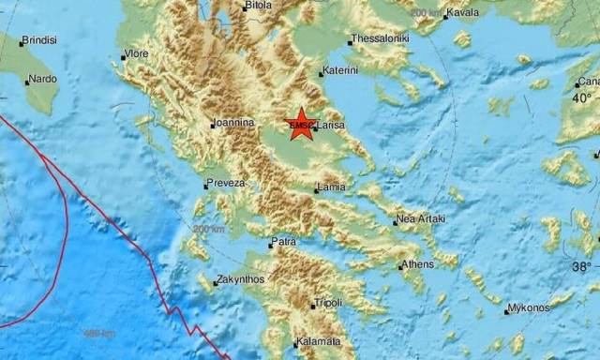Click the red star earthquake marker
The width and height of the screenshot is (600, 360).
coord(301,125)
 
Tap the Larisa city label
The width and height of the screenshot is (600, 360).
coord(330,125)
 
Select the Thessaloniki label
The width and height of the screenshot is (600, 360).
coord(379,41)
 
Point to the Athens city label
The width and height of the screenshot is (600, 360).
coord(417,265)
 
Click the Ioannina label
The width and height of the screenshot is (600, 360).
coord(232,123)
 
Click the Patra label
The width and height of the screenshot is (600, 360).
coord(283,243)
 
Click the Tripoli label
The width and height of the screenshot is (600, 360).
coord(328,303)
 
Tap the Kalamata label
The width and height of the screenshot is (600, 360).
coord(316,342)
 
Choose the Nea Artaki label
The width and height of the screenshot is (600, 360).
coord(418,220)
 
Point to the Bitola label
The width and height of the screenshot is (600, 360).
coord(258,6)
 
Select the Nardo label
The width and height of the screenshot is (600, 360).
coord(41,81)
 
